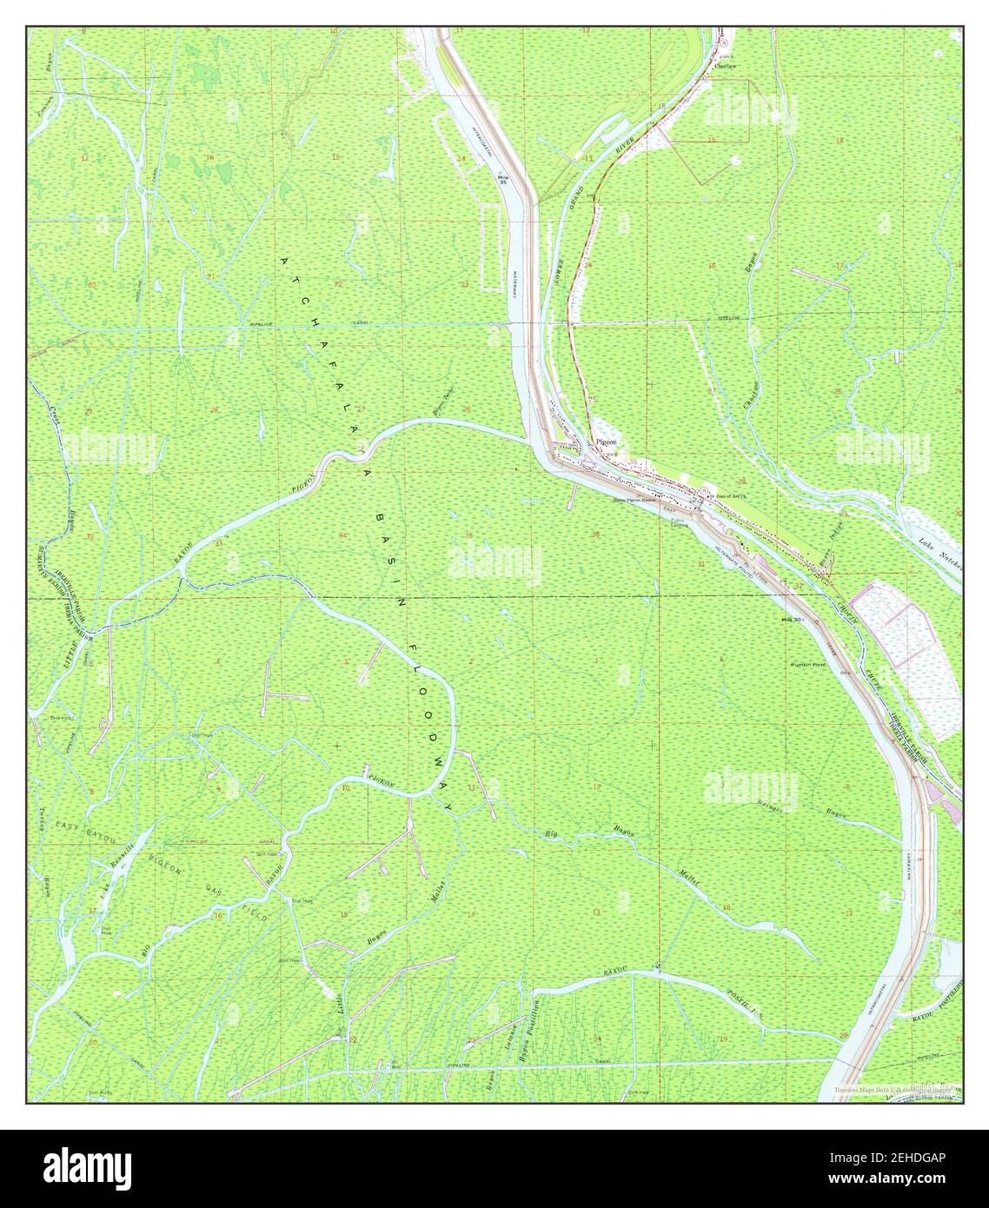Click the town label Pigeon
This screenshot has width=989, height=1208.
[x=607, y=442]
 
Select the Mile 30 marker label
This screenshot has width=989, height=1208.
[x=790, y=620]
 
